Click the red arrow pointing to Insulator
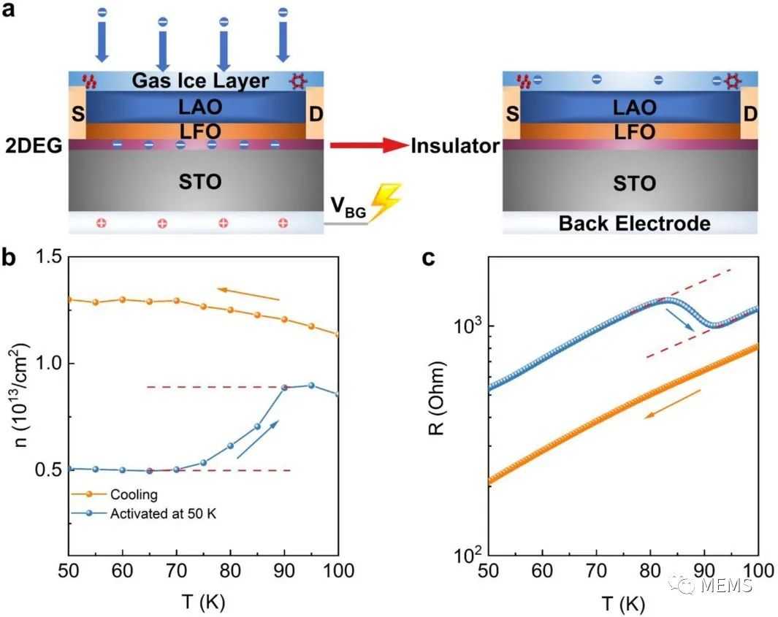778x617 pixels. [367, 146]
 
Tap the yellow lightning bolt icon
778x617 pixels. [385, 202]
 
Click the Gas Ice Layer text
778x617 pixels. [200, 80]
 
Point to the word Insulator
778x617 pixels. [455, 146]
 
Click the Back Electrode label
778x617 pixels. [634, 223]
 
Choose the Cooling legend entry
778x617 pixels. [134, 495]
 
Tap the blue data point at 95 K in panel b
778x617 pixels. [310, 386]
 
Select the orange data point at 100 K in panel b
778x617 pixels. [337, 335]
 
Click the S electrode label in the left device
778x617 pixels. [77, 115]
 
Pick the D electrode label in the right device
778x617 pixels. [750, 115]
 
